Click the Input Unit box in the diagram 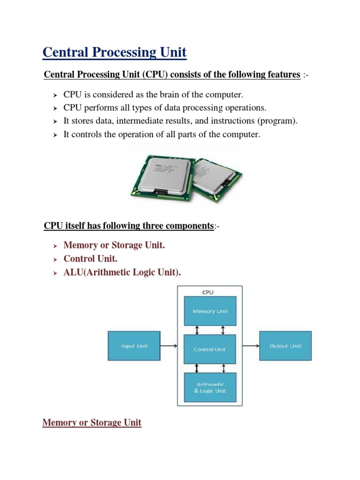[134, 346]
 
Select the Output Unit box [285, 346]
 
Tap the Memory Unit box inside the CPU [210, 311]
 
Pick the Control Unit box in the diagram [210, 349]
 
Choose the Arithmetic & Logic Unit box [210, 388]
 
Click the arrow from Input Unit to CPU [168, 346]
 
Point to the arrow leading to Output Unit [251, 346]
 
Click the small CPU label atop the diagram [208, 292]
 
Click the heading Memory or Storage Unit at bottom [92, 423]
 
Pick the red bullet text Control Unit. [90, 259]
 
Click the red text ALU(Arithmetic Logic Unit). [122, 272]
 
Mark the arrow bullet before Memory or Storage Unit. [54, 246]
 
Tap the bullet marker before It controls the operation [54, 135]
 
